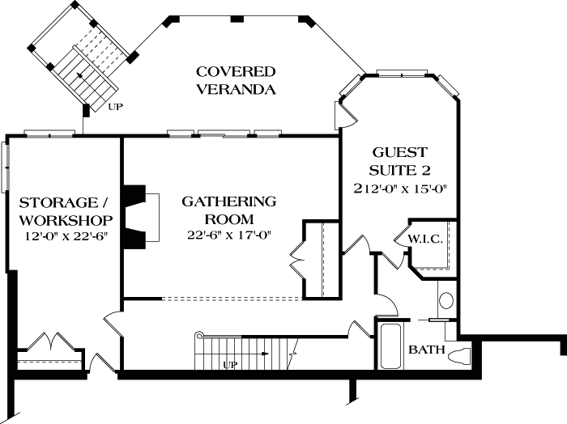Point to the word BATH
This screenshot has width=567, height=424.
coord(424,350)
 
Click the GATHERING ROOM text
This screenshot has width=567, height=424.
coord(228,210)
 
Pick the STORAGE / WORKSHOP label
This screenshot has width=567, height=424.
coord(66,210)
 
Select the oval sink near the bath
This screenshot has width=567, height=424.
coord(446,301)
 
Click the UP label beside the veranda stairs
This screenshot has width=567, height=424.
coord(116,106)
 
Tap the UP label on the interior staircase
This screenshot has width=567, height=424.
coord(232,365)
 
